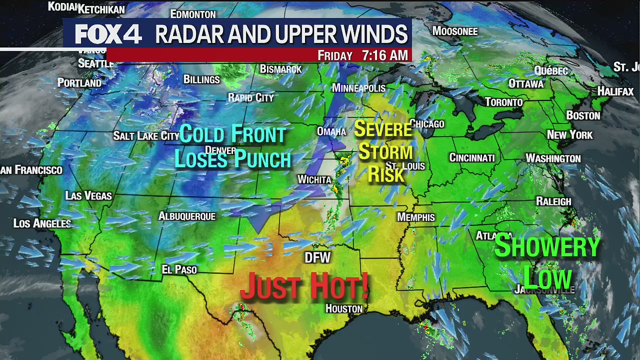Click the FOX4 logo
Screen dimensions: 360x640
point(108,34)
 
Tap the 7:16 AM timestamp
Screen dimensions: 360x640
point(384,55)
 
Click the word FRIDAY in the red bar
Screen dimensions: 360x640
point(335,55)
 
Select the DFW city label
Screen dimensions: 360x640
point(318,257)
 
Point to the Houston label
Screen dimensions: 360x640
point(344,308)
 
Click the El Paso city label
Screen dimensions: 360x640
point(179,269)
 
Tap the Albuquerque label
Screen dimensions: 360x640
point(187,216)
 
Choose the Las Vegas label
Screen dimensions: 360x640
point(88,195)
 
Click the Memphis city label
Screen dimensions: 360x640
point(416,217)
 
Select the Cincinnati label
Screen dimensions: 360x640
point(472,157)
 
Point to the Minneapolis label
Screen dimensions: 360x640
point(358,88)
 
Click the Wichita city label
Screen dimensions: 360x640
point(314,179)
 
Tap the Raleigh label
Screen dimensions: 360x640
point(553,201)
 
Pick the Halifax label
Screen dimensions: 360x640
point(615,91)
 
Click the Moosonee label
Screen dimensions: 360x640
point(455,31)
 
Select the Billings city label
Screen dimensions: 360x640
point(201,79)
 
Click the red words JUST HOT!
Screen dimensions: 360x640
point(304,286)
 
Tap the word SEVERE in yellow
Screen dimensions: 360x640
point(383,129)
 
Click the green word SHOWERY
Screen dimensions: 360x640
point(547,246)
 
